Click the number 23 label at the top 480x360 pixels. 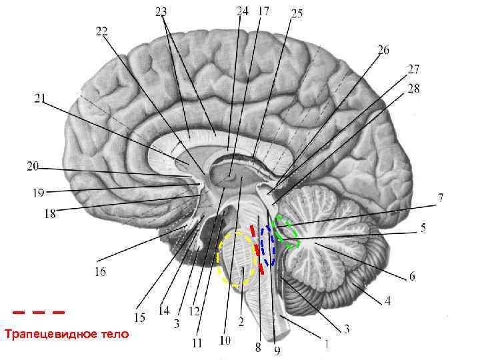point(161,11)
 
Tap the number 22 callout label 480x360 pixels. point(102,31)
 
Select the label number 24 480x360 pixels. point(243,11)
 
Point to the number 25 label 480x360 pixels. point(297,13)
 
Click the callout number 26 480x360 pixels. point(383,49)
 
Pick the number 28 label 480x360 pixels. point(414,88)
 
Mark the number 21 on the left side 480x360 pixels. point(40,99)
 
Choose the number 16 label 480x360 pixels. point(100,271)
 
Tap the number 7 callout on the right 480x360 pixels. point(441,198)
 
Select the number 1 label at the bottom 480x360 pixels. point(326,345)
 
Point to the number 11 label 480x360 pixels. point(197,344)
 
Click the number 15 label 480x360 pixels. point(139,317)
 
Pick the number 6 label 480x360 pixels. point(412,275)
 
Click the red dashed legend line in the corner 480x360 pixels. point(39,311)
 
